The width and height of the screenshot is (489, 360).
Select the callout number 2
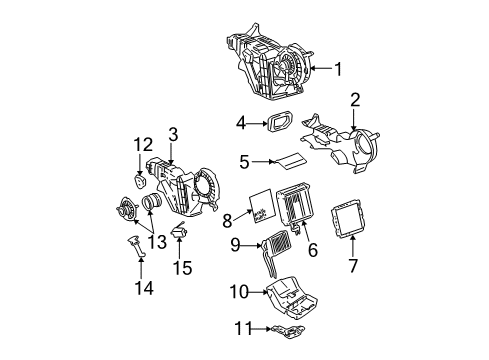[x=354, y=100]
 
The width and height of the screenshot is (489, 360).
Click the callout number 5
[x=243, y=161]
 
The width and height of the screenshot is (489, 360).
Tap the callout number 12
[x=139, y=146]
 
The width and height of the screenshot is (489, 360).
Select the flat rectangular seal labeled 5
[x=292, y=161]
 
